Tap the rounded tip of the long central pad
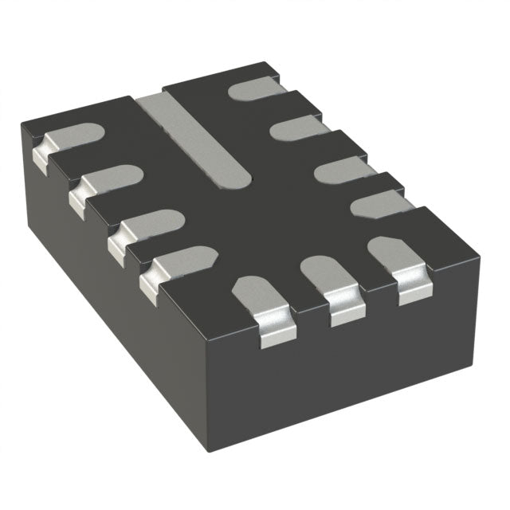237,177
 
